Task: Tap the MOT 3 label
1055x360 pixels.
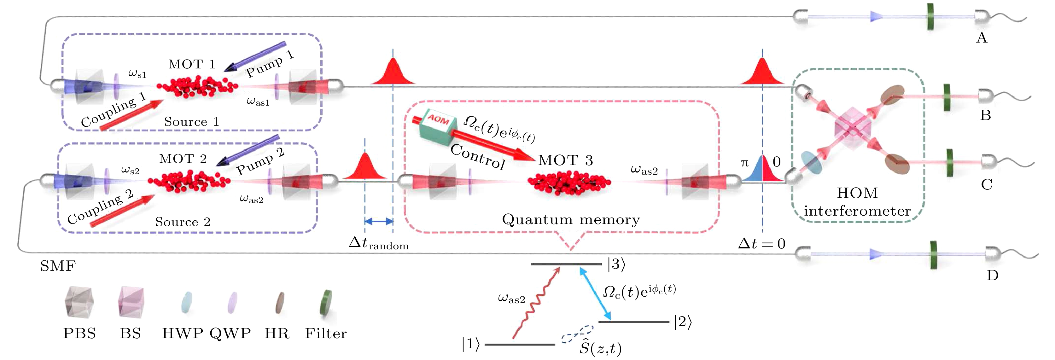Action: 565,160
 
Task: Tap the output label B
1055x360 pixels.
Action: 985,115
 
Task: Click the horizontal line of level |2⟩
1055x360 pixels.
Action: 633,322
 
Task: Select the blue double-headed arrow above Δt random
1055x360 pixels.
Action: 379,222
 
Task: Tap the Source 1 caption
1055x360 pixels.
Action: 191,122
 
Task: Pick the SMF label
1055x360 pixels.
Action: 58,266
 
